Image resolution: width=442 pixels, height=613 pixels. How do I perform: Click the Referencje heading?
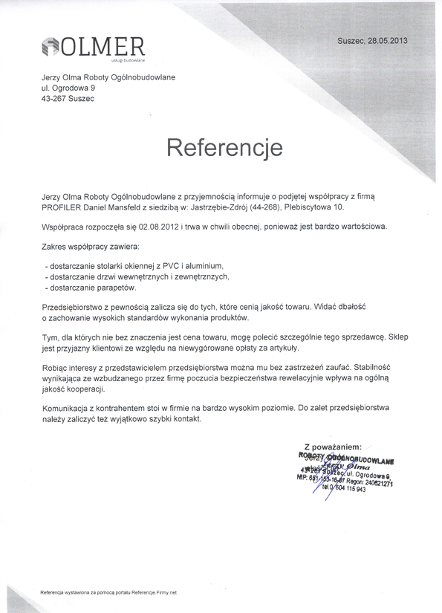coord(224,146)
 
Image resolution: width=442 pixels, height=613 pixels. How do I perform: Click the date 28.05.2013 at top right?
coord(386,40)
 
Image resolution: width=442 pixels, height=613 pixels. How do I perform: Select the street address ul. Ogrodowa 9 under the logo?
coord(68,88)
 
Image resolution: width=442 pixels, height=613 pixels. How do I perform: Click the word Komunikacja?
coord(71,409)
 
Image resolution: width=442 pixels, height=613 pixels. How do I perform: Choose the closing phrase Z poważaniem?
coord(333,447)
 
